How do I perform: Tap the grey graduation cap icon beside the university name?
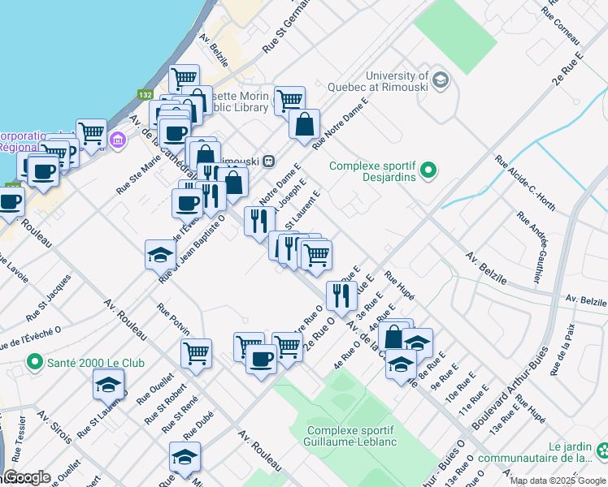440,79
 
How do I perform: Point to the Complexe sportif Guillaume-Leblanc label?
350,436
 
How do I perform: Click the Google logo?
26,476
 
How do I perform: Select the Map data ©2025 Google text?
557,481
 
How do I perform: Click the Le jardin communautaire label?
570,452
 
